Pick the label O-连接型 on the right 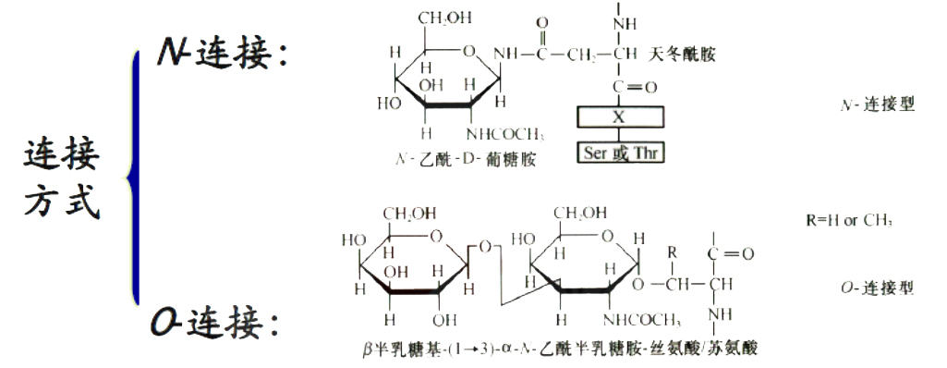click(880, 288)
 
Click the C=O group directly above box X click(634, 88)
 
